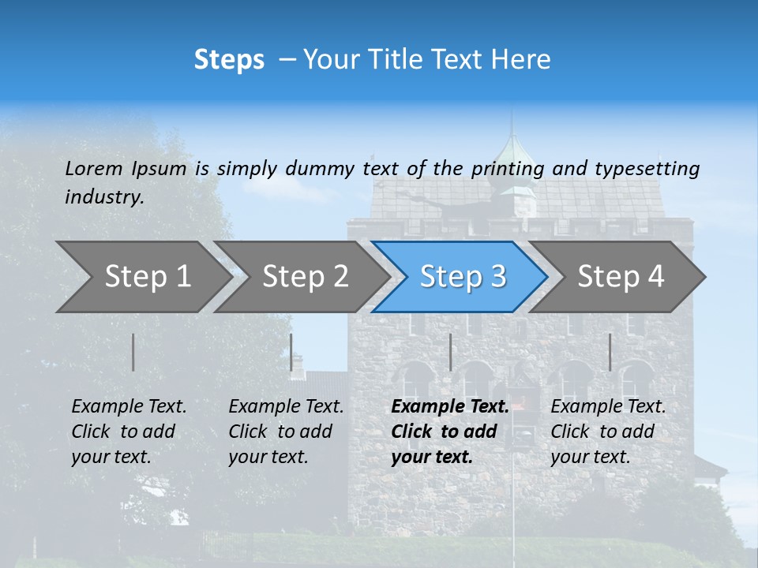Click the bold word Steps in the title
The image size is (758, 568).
click(229, 60)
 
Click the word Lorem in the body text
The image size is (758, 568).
click(93, 168)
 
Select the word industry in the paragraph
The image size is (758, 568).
click(103, 197)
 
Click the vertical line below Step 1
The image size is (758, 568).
click(133, 352)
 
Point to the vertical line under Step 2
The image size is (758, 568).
click(291, 352)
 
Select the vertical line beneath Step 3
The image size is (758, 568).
click(450, 352)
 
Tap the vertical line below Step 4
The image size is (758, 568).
click(610, 352)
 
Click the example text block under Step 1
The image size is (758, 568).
click(129, 432)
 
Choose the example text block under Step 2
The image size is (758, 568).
click(286, 432)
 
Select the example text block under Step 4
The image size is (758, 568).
click(608, 432)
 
